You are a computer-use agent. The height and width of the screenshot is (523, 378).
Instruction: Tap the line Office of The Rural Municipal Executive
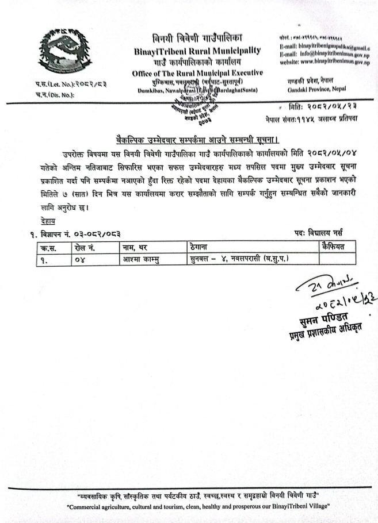197,73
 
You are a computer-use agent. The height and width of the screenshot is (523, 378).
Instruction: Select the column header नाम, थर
134,248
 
